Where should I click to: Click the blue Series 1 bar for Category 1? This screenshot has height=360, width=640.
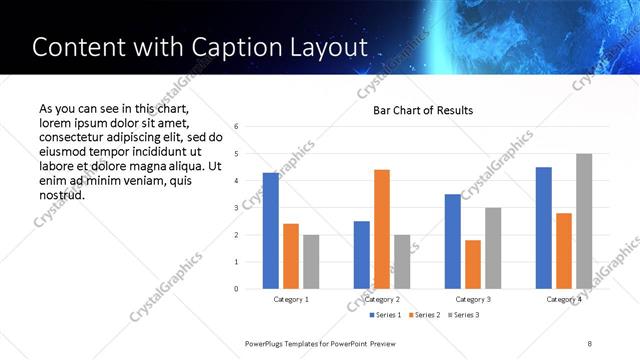coord(271,231)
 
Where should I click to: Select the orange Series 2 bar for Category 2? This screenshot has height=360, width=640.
coord(382,229)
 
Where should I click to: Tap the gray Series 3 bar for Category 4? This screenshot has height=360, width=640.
coord(584,221)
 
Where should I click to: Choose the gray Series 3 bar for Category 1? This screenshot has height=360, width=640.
coord(311,262)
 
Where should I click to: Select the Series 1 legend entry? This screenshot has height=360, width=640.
coord(386,315)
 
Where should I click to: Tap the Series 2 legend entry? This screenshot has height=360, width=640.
coord(424,315)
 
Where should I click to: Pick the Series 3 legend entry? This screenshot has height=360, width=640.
coord(462,315)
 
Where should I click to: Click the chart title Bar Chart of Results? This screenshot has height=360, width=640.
coord(423,110)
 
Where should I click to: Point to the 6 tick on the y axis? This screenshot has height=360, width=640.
coord(236,127)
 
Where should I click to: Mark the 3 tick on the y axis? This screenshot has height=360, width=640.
coord(236,208)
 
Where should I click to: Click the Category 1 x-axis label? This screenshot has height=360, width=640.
coord(291,299)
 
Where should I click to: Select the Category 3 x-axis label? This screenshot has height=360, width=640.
coord(473,299)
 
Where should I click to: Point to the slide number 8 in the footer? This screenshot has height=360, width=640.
coord(590,343)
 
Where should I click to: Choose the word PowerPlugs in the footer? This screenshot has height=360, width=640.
coord(265,343)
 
